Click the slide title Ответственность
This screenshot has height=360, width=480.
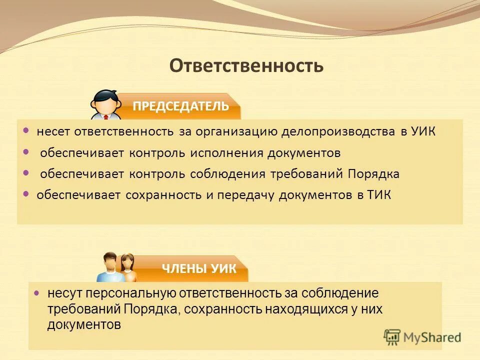tap(246, 65)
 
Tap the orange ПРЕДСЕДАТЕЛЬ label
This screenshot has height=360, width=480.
tap(180, 106)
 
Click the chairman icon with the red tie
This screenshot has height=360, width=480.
tap(105, 105)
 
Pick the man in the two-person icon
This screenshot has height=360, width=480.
tap(109, 267)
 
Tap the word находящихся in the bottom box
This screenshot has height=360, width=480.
tap(305, 309)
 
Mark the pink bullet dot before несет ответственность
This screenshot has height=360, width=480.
tap(26, 130)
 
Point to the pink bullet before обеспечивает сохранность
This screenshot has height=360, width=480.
tap(26, 194)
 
